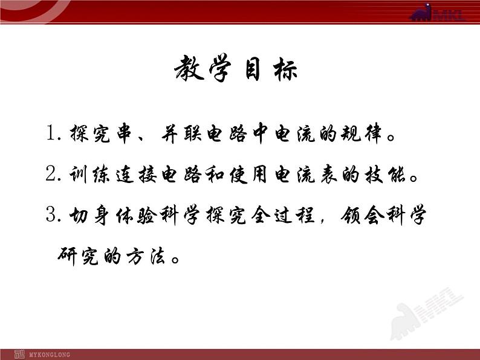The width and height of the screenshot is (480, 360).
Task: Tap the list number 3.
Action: (51, 216)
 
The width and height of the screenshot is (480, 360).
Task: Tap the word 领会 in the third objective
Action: (355, 216)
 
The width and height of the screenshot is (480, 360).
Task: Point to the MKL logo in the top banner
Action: (437, 13)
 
